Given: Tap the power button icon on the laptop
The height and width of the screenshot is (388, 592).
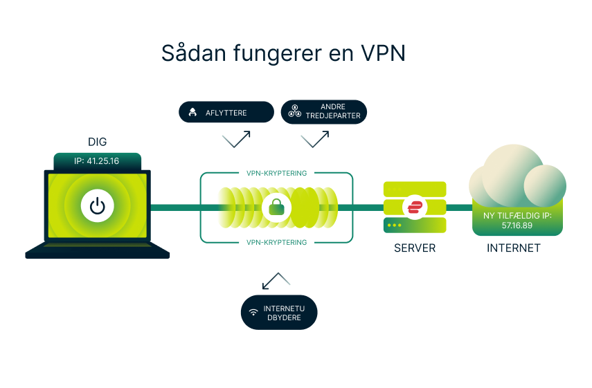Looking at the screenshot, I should [98, 206].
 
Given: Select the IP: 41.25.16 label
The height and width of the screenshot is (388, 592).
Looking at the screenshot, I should [97, 161].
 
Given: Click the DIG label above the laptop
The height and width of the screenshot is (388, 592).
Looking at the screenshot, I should [97, 142].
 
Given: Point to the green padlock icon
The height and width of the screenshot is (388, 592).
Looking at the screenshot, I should [277, 206].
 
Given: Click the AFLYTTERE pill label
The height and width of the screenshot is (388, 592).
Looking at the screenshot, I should [226, 112].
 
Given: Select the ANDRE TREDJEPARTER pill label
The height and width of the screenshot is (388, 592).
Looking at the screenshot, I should [324, 111].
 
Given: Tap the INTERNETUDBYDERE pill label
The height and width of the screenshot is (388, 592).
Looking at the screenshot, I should [279, 313].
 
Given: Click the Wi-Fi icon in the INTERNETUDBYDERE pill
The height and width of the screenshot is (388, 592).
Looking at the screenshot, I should [253, 313].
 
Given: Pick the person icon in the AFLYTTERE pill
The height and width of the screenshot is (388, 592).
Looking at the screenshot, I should [192, 112].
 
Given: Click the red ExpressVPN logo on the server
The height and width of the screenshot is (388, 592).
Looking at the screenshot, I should [415, 207].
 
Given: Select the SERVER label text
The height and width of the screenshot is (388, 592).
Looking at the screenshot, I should [415, 248].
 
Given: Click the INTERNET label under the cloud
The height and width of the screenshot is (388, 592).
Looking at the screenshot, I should [513, 248].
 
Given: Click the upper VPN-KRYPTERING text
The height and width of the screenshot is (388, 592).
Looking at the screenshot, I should [277, 173].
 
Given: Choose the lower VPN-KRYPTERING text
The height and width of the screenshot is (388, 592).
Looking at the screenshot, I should [277, 242].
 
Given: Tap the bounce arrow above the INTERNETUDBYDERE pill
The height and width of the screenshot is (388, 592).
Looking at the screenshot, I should [276, 280].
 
